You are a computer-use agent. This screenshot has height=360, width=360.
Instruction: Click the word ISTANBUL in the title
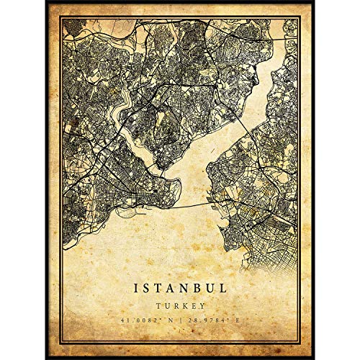180,287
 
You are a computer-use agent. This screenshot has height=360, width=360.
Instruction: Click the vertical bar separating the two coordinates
180,319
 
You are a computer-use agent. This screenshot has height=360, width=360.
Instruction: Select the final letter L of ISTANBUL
226,287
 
